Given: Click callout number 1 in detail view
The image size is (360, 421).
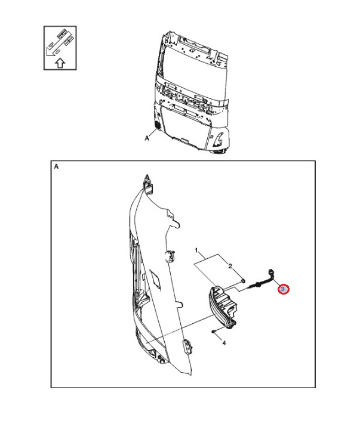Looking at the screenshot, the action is (x=196, y=250).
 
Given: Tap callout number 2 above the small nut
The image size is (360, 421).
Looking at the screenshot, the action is (x=230, y=266).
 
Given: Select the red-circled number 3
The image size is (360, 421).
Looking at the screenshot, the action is (x=283, y=289).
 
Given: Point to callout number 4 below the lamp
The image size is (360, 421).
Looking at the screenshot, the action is (x=224, y=343).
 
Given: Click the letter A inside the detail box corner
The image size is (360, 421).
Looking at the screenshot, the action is (x=56, y=166).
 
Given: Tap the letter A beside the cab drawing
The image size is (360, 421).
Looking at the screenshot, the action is (x=147, y=138).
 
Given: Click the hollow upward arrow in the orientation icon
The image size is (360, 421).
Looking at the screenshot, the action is (x=60, y=63).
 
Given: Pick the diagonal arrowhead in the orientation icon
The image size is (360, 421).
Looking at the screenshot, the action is (x=49, y=52).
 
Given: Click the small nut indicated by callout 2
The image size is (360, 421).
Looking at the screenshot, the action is (x=243, y=281).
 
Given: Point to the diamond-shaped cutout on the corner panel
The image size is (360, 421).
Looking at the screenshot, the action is (x=155, y=278).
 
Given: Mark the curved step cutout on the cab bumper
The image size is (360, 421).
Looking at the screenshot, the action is (x=219, y=139).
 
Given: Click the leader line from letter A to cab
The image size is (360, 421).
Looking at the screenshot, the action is (x=153, y=134).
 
